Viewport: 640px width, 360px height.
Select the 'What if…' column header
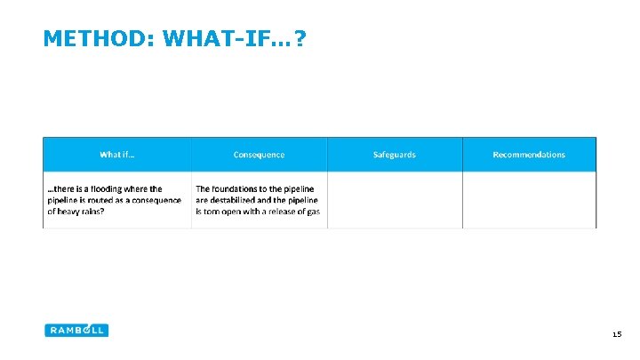[117, 155]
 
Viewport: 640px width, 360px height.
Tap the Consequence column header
[259, 155]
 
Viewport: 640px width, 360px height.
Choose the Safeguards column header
[395, 155]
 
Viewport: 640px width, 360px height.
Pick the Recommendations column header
[529, 155]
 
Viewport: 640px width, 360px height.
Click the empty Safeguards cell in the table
[395, 200]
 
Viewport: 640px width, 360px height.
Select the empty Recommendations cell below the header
[529, 200]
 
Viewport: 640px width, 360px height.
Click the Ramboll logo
[76, 330]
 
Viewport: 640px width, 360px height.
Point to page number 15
[617, 335]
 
